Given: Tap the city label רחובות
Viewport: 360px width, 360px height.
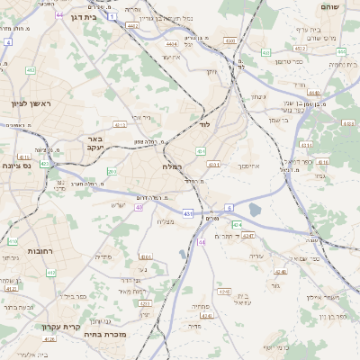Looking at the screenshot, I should coord(42,251).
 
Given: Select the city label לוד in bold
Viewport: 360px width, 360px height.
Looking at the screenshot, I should coord(204,125).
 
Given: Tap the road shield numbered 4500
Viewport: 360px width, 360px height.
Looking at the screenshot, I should coord(231,41).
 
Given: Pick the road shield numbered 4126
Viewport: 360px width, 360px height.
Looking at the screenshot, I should coord(49,339).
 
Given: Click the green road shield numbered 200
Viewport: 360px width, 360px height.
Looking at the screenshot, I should coord(112,171).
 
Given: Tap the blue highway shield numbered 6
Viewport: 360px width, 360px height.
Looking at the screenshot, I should coord(229,209).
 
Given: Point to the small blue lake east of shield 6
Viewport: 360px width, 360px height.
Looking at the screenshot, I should coord(255,210).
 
